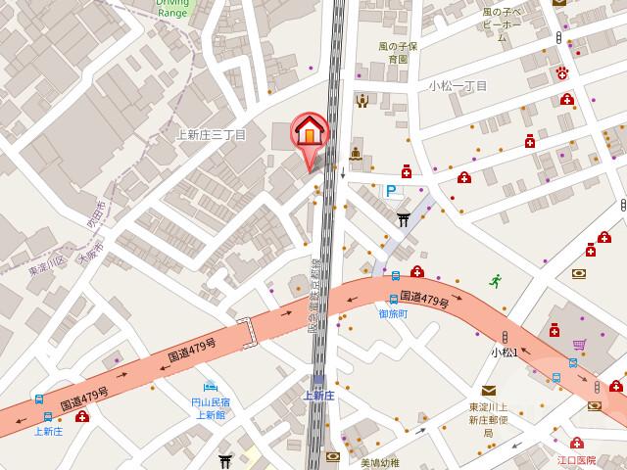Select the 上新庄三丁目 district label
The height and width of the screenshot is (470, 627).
click(210, 134)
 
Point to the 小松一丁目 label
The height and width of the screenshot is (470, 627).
click(458, 86)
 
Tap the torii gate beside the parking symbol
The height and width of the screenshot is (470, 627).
click(403, 218)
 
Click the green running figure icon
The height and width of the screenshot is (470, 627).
click(496, 280)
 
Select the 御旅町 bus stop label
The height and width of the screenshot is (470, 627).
click(393, 314)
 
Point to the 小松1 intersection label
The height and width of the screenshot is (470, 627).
click(504, 352)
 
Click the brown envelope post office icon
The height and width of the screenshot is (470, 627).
click(488, 390)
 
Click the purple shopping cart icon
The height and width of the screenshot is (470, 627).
click(580, 345)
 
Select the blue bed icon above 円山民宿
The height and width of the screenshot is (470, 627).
click(209, 385)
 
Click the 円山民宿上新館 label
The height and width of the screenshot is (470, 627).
click(210, 408)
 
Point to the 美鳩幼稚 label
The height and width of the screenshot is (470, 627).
click(379, 463)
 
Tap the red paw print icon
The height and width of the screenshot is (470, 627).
click(562, 74)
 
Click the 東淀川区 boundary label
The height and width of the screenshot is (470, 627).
click(45, 264)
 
